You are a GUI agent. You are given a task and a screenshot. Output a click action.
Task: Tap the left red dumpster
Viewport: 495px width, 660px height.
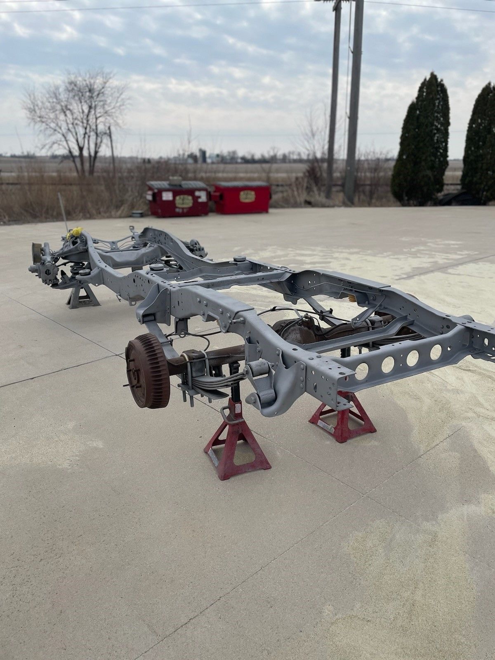(x=178, y=198)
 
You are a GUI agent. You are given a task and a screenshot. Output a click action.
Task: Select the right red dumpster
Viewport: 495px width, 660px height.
(x=242, y=198)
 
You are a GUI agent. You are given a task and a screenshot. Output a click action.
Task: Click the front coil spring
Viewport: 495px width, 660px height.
(x=77, y=270)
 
